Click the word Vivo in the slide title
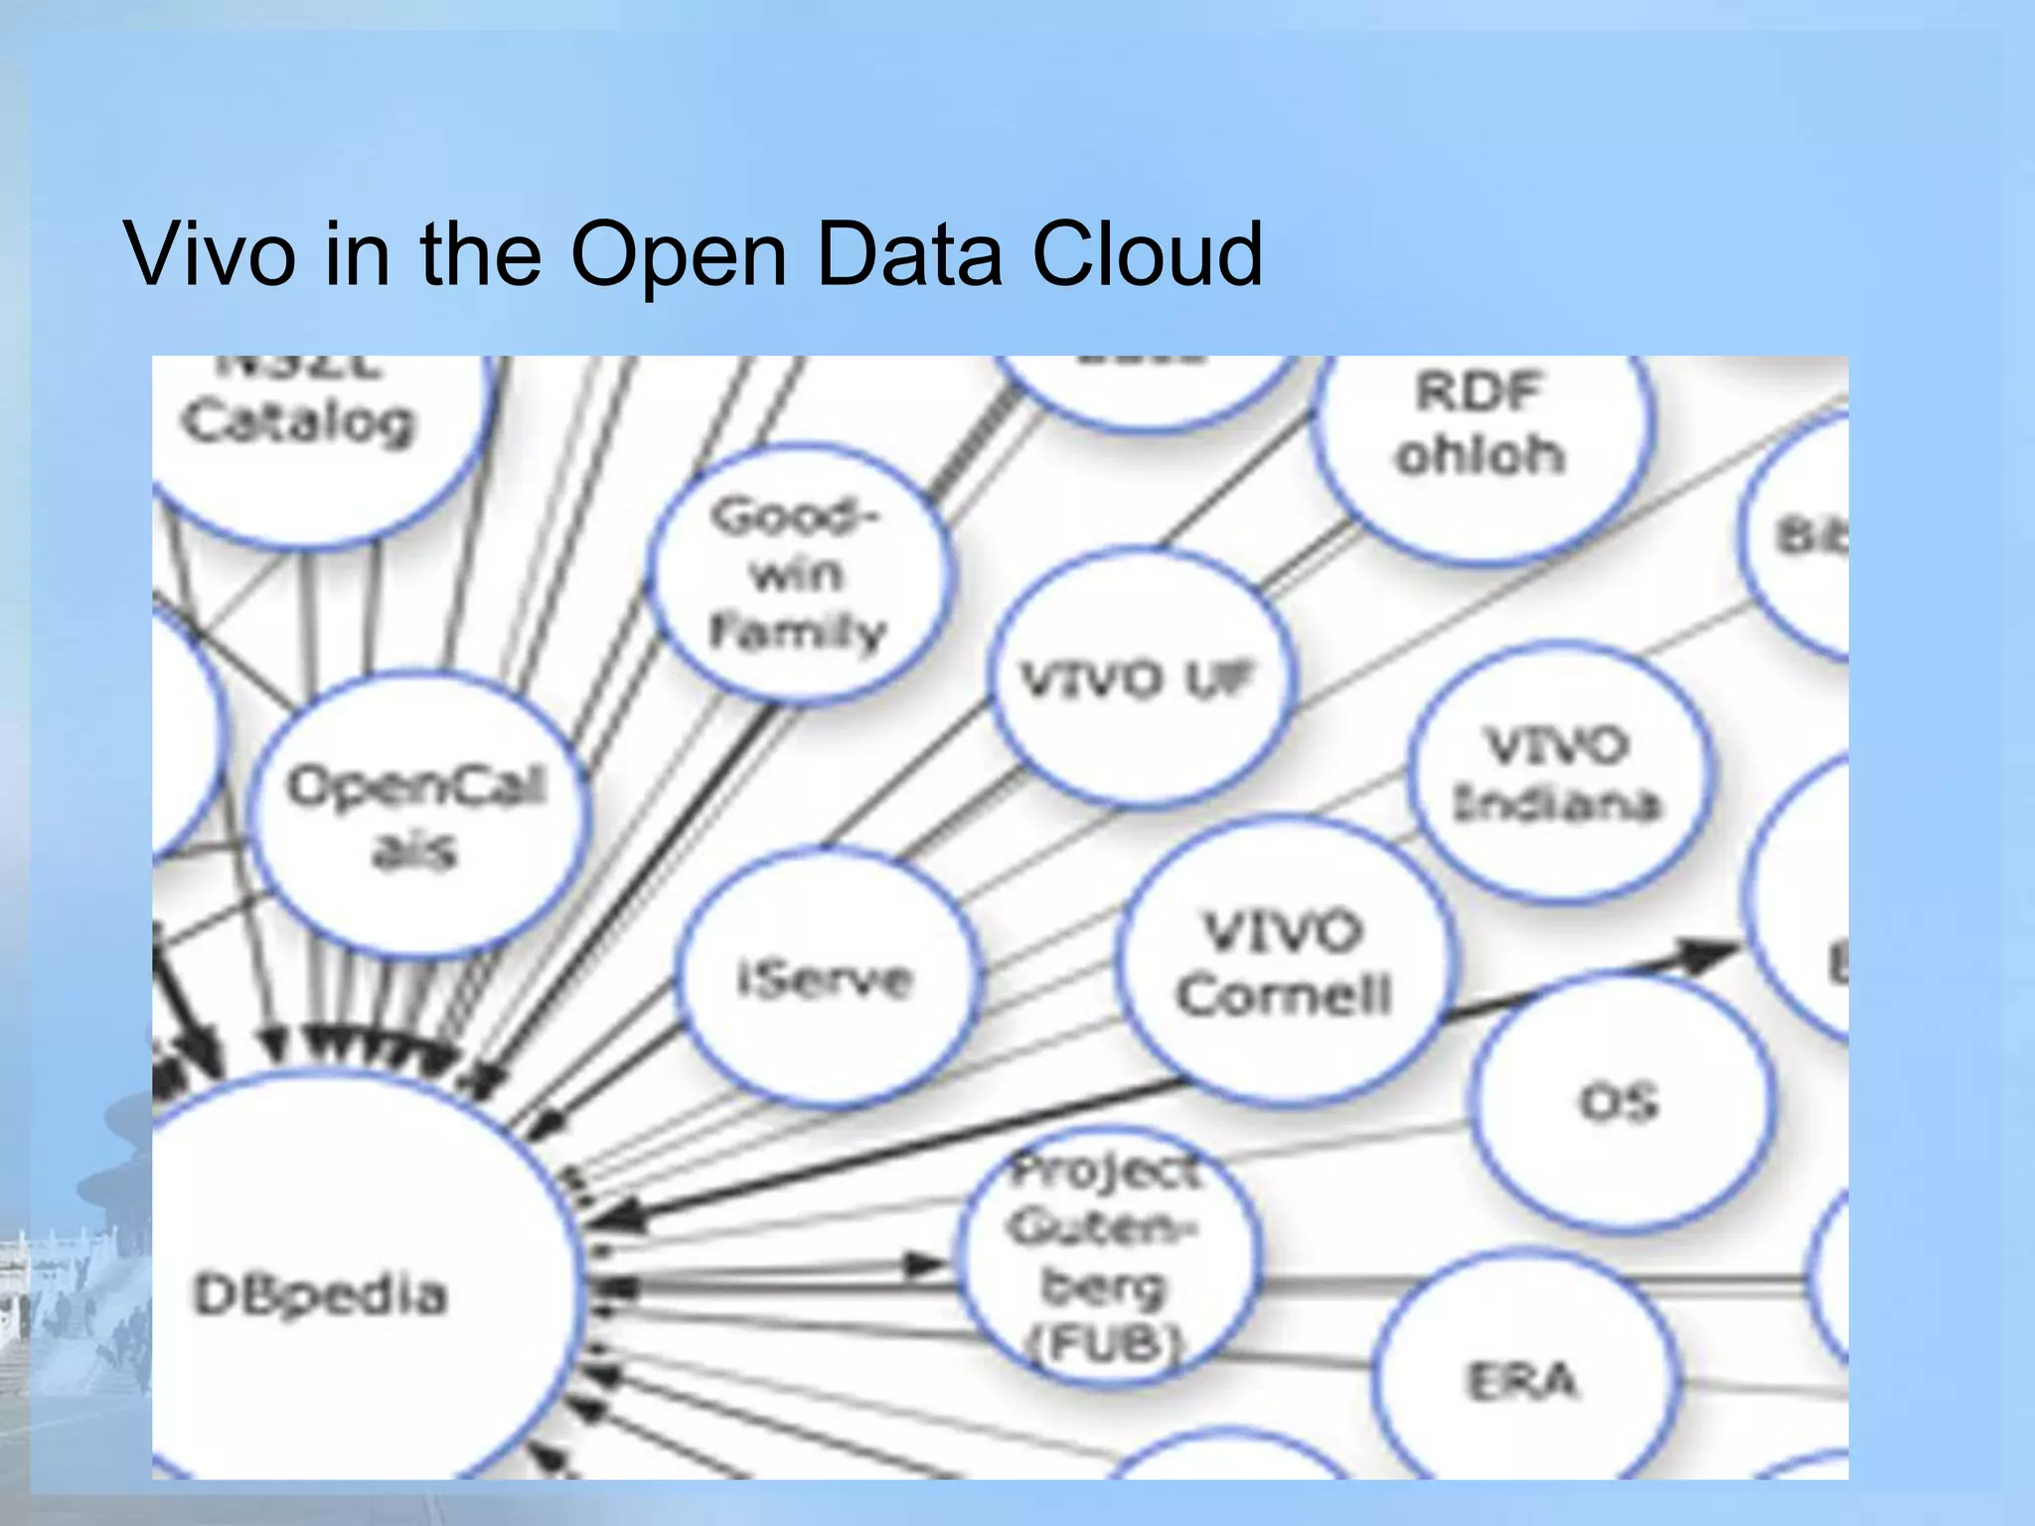click(210, 254)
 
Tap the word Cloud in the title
click(1147, 254)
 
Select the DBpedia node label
click(320, 1296)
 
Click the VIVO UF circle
click(1141, 680)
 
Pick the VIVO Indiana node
click(1558, 773)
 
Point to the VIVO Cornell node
click(1284, 962)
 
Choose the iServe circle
click(825, 980)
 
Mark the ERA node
click(1522, 1381)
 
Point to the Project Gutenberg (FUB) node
click(1107, 1256)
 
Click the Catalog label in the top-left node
click(298, 421)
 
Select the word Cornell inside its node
click(1284, 993)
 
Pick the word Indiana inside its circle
click(1557, 803)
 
